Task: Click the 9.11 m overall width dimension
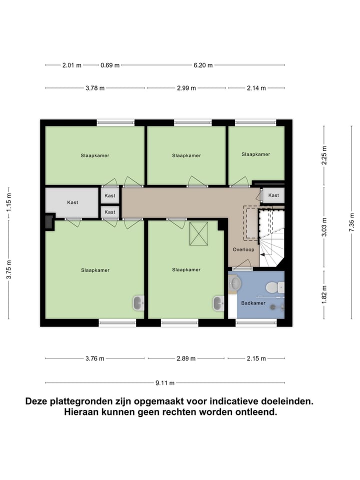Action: point(164,383)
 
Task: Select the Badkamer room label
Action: point(253,303)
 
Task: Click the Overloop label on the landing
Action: point(243,249)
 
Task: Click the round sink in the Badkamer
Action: point(234,283)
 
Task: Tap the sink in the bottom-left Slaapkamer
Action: point(139,302)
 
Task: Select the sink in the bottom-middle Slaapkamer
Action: point(219,302)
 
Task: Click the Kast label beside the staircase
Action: point(273,195)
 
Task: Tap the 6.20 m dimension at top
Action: point(203,65)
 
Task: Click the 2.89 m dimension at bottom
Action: point(185,358)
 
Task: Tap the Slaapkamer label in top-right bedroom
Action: point(255,154)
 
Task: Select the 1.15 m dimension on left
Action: point(8,202)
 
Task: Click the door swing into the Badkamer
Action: point(243,265)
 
